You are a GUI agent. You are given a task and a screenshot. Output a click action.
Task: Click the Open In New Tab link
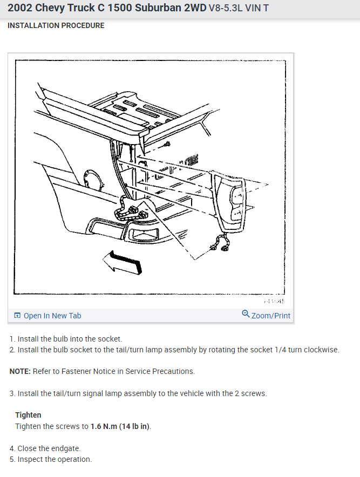tap(52, 316)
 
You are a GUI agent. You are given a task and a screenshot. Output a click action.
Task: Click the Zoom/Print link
tap(270, 316)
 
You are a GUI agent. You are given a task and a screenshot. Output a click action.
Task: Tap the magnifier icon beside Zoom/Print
tap(246, 314)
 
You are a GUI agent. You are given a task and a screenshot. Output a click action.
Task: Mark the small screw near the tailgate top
tap(167, 145)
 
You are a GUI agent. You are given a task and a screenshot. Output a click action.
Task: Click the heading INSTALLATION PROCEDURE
tap(56, 25)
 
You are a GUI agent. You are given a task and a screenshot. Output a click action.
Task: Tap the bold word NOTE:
tap(20, 371)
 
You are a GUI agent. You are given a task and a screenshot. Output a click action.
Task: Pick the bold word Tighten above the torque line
tap(28, 415)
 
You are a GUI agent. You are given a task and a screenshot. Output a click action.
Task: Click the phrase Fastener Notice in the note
tap(77, 371)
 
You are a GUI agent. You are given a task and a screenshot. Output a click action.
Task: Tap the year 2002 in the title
tap(19, 9)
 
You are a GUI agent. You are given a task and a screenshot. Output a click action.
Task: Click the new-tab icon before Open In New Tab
tap(17, 316)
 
